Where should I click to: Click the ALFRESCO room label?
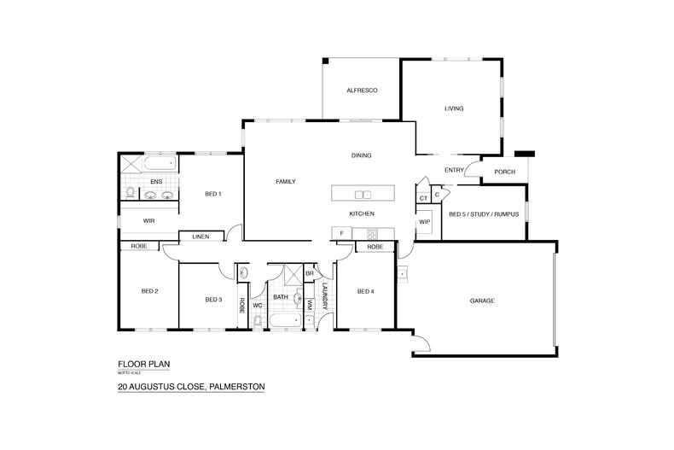click(362, 91)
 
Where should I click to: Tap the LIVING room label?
click(454, 108)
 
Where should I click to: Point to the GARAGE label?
click(482, 301)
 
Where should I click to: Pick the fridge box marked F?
click(341, 233)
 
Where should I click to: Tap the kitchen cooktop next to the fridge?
click(372, 233)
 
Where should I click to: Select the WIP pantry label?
click(424, 222)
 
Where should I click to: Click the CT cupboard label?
click(423, 199)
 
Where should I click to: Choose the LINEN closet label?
click(200, 237)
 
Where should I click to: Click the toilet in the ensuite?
click(129, 193)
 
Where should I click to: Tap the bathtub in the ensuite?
click(159, 162)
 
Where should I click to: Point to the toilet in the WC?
click(257, 321)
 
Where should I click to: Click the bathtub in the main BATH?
click(283, 321)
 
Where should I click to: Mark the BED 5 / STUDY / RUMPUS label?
click(483, 214)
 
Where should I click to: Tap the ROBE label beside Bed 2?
click(138, 247)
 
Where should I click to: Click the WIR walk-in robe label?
click(148, 220)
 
